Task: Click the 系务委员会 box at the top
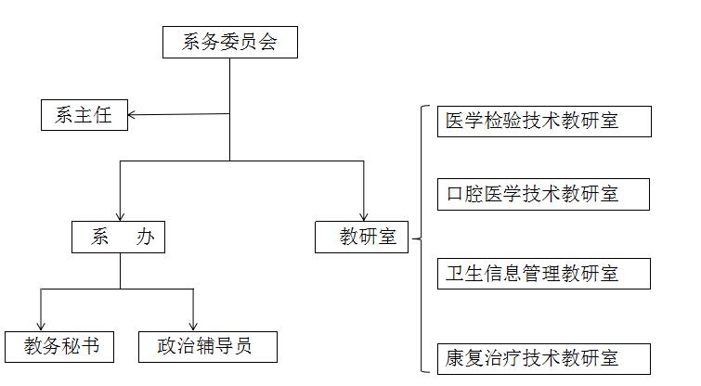229,43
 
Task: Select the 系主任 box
84,115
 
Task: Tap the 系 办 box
118,238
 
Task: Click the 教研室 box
362,238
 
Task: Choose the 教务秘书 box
58,346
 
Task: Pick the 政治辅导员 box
208,346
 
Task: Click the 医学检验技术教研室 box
543,122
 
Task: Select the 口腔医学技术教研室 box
543,195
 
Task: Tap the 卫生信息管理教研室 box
543,274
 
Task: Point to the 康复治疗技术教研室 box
543,358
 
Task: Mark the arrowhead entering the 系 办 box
119,215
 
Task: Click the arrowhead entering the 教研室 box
363,215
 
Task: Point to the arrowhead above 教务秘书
42,324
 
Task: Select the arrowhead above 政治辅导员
193,324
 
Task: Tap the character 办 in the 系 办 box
145,238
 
